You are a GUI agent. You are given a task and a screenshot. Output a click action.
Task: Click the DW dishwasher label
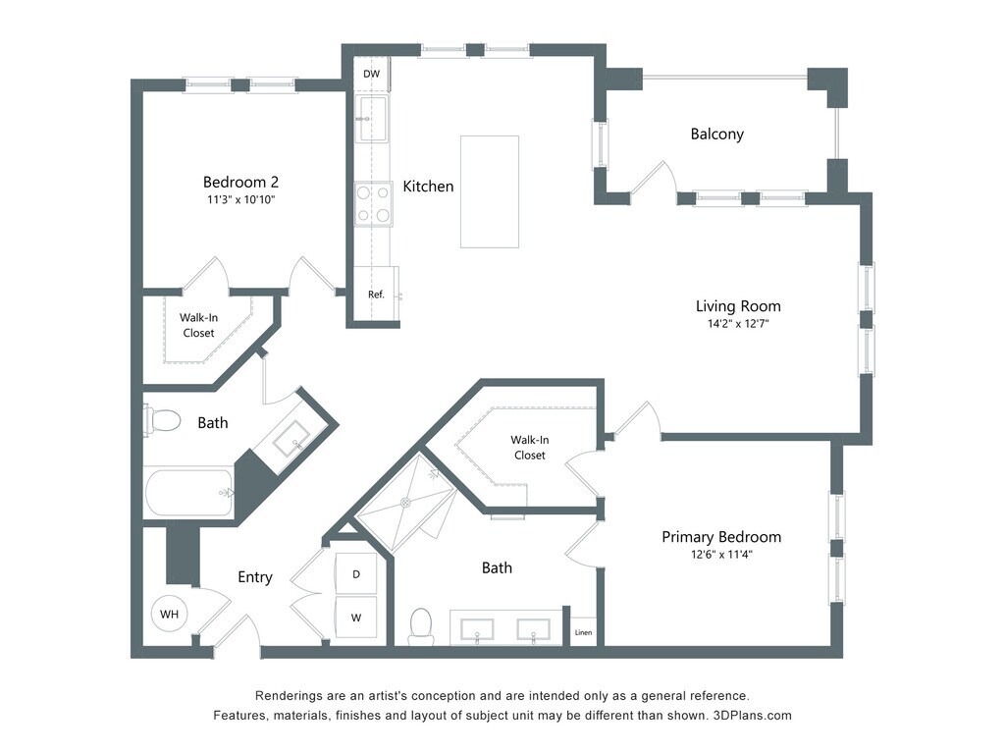(x=372, y=74)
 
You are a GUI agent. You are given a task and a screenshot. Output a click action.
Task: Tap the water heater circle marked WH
(x=169, y=614)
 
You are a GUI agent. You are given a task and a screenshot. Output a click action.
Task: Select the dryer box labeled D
(x=355, y=573)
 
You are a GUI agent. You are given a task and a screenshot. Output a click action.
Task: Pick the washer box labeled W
(x=355, y=618)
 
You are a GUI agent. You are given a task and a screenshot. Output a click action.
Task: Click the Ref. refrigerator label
(x=376, y=295)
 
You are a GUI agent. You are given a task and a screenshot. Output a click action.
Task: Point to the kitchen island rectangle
(x=489, y=191)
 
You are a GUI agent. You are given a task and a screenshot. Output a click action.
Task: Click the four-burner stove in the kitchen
(x=374, y=204)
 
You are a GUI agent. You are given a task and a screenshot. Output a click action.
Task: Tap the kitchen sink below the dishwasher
(x=372, y=119)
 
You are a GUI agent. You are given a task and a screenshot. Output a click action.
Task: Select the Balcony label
(x=717, y=134)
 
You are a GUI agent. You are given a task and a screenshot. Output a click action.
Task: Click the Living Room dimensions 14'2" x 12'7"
(x=738, y=324)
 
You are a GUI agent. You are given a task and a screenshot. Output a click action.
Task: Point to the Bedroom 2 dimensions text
(x=241, y=199)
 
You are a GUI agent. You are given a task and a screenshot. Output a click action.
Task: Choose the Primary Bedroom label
(x=721, y=537)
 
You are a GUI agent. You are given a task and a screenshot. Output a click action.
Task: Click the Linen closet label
(x=583, y=633)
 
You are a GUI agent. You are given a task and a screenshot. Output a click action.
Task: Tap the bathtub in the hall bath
(x=189, y=493)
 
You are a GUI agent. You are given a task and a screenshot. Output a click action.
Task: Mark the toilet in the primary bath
(x=421, y=625)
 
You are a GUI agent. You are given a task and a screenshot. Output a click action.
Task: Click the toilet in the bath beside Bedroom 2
(x=162, y=420)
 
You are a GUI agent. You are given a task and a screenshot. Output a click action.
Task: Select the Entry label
(x=255, y=577)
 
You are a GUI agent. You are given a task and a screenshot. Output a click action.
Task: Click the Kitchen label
(x=428, y=187)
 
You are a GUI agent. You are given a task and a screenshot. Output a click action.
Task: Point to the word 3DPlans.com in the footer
(x=753, y=716)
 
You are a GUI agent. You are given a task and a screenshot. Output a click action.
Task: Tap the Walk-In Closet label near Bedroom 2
(x=198, y=325)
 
